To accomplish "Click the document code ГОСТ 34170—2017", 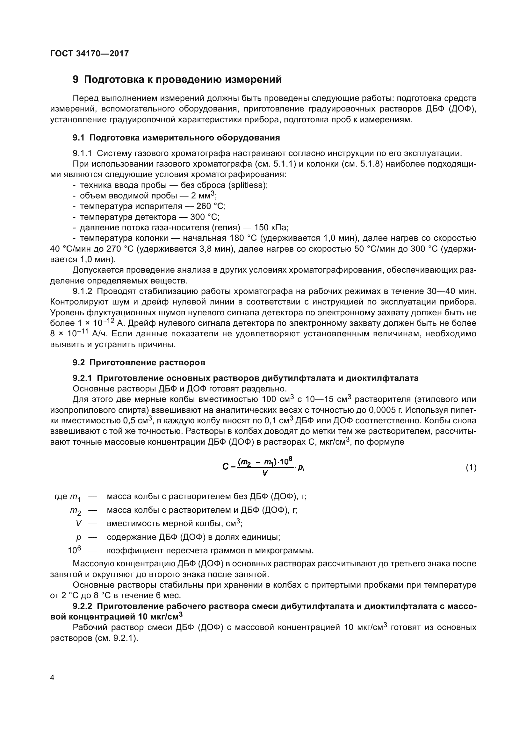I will click(90, 54).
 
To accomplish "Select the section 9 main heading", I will click(177, 80).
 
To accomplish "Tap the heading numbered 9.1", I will click(176, 138).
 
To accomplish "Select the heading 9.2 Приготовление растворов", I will click(139, 363).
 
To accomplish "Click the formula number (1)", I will click(471, 468).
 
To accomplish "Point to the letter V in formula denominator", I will click(265, 473).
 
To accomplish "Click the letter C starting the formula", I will click(225, 467).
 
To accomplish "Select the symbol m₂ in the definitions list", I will click(76, 511).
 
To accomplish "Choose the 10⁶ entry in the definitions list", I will click(74, 551).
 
